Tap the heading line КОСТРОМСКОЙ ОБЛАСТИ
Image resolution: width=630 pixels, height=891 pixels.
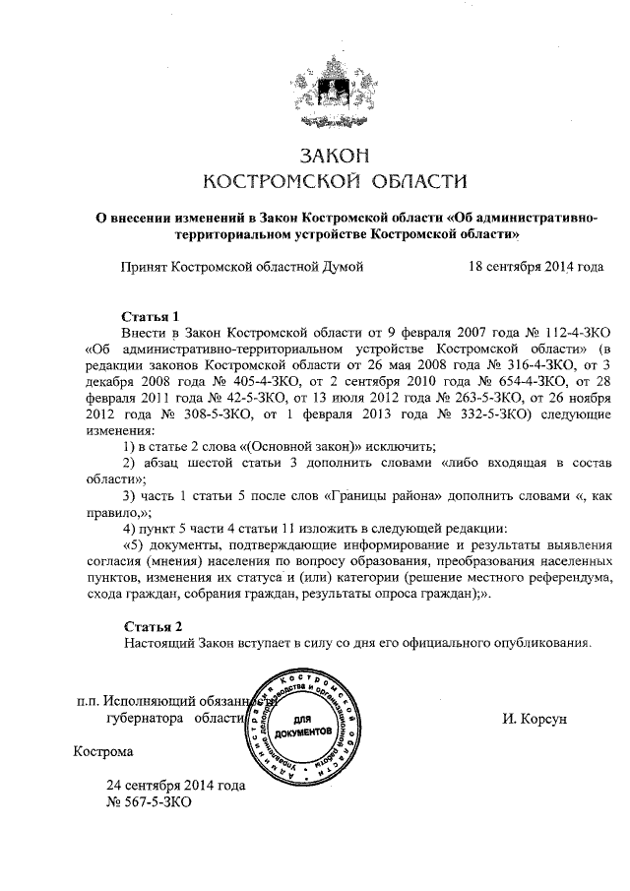click(x=315, y=180)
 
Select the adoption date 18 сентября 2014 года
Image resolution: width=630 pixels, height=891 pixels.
click(x=535, y=266)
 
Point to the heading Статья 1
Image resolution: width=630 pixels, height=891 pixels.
click(x=150, y=317)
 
